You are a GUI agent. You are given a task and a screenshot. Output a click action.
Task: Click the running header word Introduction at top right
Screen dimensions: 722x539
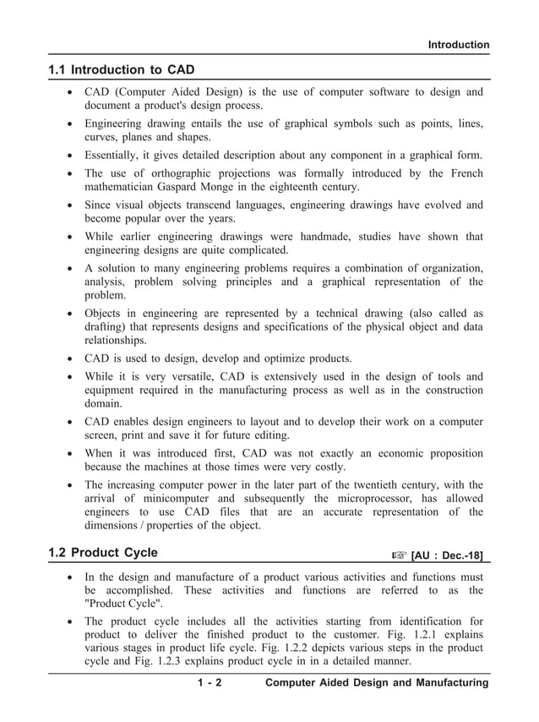[458, 45]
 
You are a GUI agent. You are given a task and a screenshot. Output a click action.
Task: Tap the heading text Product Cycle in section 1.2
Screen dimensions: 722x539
[114, 554]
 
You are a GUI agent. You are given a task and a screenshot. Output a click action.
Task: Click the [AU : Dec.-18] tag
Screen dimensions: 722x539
[447, 555]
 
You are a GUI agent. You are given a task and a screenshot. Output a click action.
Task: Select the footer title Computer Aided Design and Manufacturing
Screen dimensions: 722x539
[377, 683]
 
